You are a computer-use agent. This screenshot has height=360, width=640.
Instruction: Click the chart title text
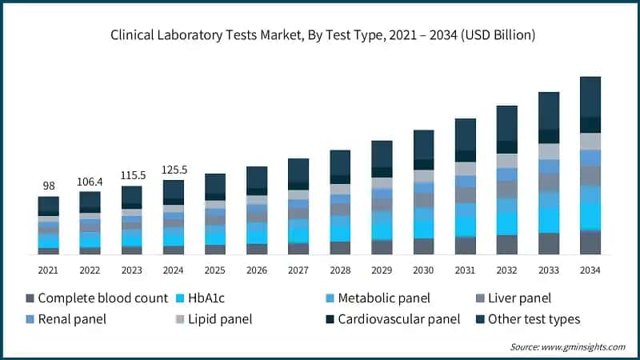click(320, 35)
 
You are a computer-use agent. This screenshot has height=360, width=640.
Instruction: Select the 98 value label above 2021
click(48, 186)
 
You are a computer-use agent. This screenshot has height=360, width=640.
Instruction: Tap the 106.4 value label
click(90, 181)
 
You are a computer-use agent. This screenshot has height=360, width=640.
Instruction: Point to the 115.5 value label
click(131, 175)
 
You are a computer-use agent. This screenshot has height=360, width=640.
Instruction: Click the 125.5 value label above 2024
click(173, 170)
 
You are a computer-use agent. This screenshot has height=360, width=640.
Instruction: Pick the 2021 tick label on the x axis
click(48, 270)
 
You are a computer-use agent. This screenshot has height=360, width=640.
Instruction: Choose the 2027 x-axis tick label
click(298, 270)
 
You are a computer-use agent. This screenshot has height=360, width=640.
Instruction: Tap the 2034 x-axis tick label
click(590, 270)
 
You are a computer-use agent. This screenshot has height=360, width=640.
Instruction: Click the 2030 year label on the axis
click(423, 270)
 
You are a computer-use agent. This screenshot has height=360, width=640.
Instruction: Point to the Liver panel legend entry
click(517, 298)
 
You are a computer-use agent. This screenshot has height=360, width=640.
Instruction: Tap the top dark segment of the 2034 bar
click(590, 97)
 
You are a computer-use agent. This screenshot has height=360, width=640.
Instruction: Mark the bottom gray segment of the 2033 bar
click(549, 243)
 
